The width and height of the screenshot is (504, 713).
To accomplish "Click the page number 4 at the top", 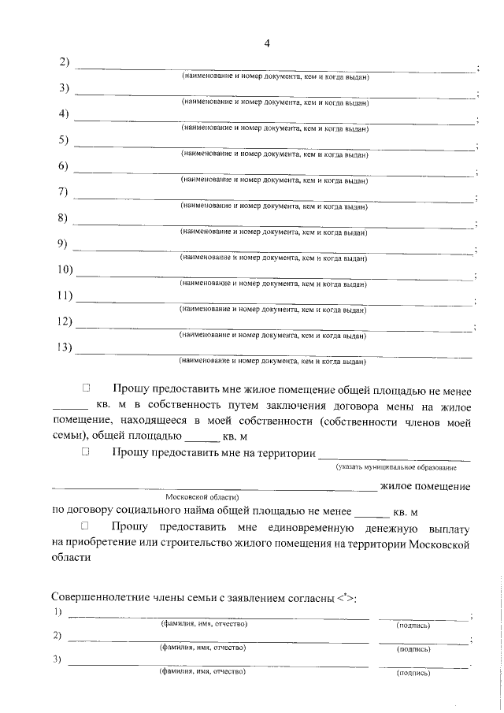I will click(267, 43).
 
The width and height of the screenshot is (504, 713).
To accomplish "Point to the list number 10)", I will click(65, 270).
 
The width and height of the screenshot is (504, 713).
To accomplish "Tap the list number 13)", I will click(65, 347).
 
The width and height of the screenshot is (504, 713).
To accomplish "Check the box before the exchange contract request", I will click(87, 388).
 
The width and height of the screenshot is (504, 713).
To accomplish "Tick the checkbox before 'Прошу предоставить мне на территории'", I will click(87, 452).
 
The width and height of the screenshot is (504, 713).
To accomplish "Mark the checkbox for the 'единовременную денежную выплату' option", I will click(87, 525).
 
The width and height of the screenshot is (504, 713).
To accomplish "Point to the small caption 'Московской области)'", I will click(207, 498).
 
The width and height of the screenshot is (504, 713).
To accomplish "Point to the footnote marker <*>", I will click(344, 598).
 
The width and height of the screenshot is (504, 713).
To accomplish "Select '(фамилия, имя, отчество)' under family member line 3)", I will click(204, 672).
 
